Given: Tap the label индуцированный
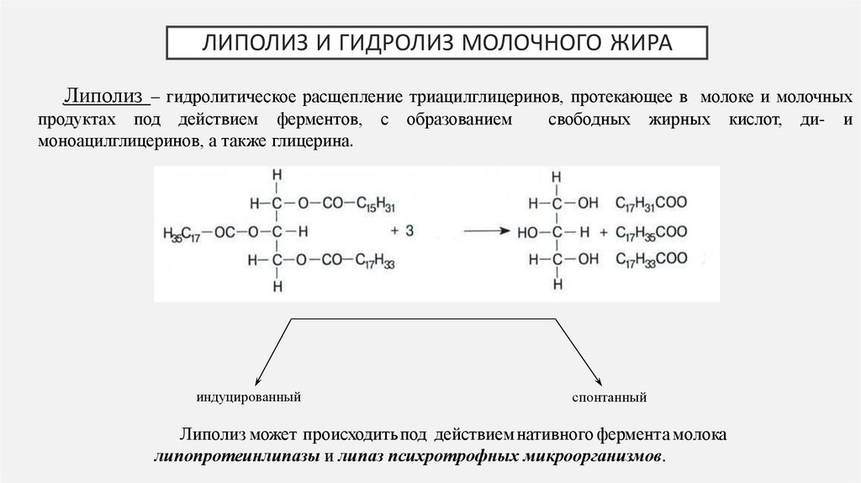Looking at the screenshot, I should (x=249, y=395).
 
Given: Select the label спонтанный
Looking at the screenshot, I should (x=609, y=395).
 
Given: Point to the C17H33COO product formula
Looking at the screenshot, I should (x=652, y=259).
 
